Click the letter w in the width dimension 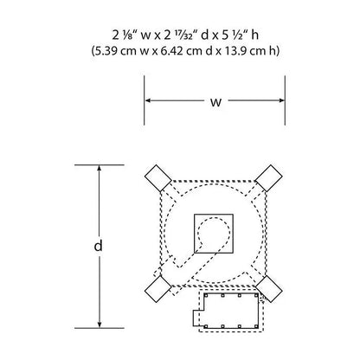point(215,102)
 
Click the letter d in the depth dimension point(99,246)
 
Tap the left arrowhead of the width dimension point(148,100)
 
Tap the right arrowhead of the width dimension point(281,100)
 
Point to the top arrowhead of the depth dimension point(100,169)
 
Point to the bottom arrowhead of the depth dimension point(100,325)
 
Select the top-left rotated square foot point(157,178)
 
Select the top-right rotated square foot point(269,178)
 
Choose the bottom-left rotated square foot point(157,289)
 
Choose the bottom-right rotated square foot point(269,289)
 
